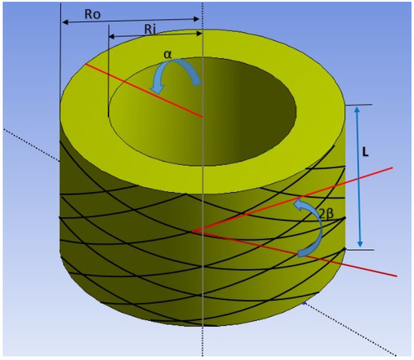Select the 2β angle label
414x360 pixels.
pos(325,214)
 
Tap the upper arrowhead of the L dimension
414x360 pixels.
pos(358,109)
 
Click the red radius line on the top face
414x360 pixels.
pos(143,90)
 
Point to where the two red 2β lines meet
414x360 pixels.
pos(193,230)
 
